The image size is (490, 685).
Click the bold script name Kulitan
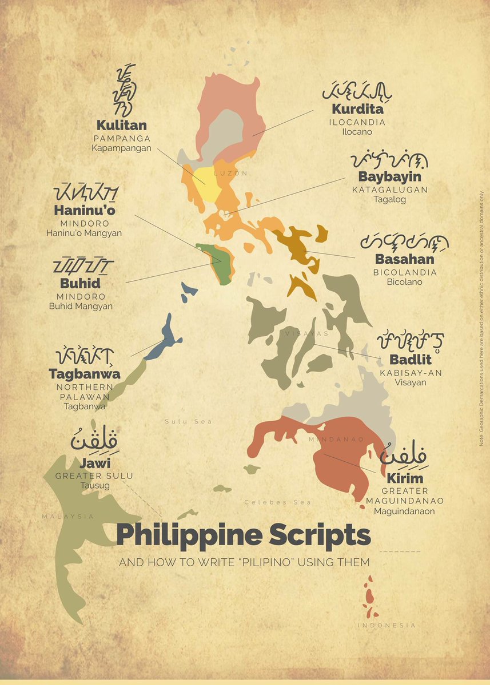point(121,125)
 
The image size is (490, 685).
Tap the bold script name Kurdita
point(357,109)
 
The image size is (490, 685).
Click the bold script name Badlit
point(411,360)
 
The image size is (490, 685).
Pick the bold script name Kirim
point(404,478)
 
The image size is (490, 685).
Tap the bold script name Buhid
point(80,283)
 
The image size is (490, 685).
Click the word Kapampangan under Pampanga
point(121,148)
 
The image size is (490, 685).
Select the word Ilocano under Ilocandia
point(357,132)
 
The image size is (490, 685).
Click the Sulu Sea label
point(188,421)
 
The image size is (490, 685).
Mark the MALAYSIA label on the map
point(68,516)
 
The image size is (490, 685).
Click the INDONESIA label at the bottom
point(387,626)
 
